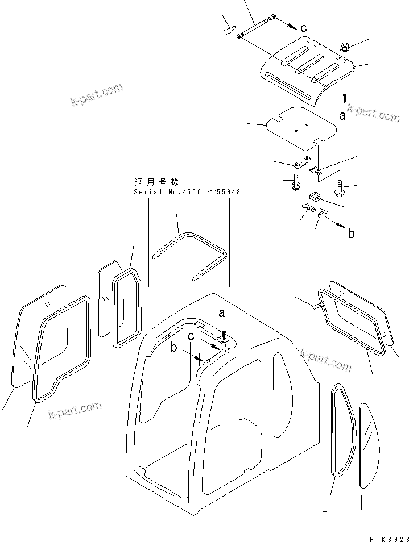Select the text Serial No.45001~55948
(187, 192)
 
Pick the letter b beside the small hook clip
(350, 233)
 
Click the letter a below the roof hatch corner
(342, 115)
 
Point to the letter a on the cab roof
(222, 313)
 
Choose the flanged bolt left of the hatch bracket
(296, 183)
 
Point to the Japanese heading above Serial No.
(156, 182)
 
